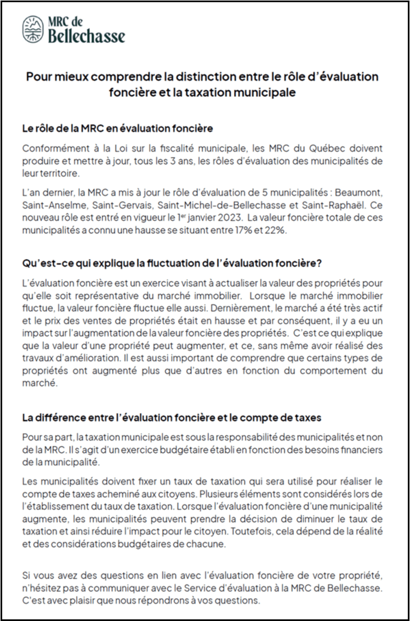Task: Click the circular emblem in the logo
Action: pos(33,29)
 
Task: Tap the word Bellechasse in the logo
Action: pos(87,37)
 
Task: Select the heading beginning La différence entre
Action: pos(172,417)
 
